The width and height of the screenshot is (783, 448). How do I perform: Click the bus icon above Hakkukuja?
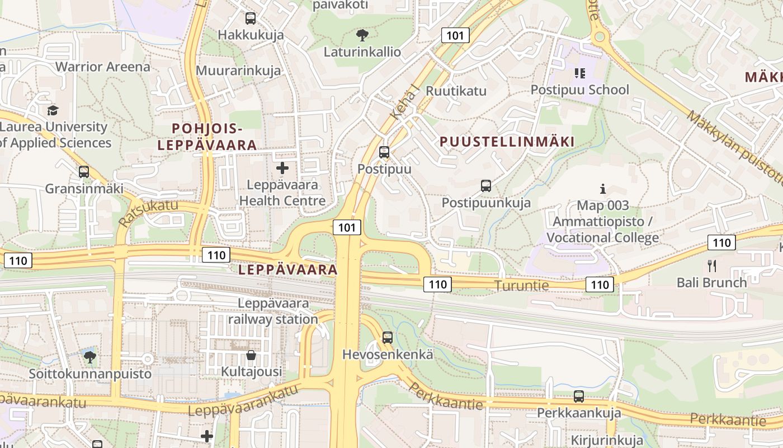pos(251,18)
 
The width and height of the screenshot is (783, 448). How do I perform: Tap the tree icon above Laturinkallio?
pos(362,35)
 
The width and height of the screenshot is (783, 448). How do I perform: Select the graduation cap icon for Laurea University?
pos(53,110)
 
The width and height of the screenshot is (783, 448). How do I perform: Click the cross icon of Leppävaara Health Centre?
pos(282,167)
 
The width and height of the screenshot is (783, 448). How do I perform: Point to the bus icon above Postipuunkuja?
pos(486,185)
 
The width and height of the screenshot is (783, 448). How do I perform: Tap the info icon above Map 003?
pos(603,189)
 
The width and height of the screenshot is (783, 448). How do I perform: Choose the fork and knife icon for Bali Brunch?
pos(712,265)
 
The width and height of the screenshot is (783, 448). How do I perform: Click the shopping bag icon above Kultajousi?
pos(251,355)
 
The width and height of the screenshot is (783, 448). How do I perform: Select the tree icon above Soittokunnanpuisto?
pos(89,356)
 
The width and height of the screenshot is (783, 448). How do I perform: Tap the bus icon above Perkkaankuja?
pos(579,396)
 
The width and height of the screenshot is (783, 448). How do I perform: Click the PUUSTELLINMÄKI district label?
pos(507,142)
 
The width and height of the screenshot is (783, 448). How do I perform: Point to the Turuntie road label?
pos(522,286)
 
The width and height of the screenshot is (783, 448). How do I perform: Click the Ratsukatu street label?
pos(148,212)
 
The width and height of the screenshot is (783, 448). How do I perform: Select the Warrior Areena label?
pos(103,67)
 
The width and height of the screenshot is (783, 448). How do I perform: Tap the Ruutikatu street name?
pos(456,91)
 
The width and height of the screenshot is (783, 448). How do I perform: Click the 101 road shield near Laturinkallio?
pos(455,35)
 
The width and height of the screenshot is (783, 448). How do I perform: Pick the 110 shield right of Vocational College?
pos(721,242)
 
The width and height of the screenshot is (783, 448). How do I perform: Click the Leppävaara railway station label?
pos(273,311)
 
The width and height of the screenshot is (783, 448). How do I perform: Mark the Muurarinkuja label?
pos(238,71)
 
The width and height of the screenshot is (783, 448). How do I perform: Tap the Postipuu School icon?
pos(579,73)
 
